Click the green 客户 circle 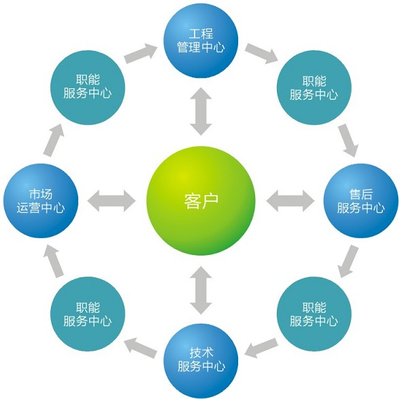click(201, 201)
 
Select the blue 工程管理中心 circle click(201, 41)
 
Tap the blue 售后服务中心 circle click(361, 201)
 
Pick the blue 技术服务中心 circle click(201, 360)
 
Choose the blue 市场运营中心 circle click(41, 201)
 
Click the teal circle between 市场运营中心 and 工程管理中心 click(88, 88)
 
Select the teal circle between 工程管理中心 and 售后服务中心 click(314, 88)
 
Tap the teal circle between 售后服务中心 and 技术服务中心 click(314, 314)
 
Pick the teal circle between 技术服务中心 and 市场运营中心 click(88, 314)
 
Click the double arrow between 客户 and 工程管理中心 click(201, 111)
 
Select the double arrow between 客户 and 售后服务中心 click(290, 201)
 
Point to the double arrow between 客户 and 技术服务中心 click(201, 290)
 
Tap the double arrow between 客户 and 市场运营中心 click(112, 201)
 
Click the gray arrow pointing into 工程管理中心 click(140, 53)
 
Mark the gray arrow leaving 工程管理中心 click(261, 53)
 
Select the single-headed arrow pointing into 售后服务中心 click(349, 140)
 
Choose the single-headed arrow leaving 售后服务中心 click(348, 261)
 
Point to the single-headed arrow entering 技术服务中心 click(261, 348)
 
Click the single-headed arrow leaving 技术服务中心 click(140, 348)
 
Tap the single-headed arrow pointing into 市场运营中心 click(53, 261)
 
